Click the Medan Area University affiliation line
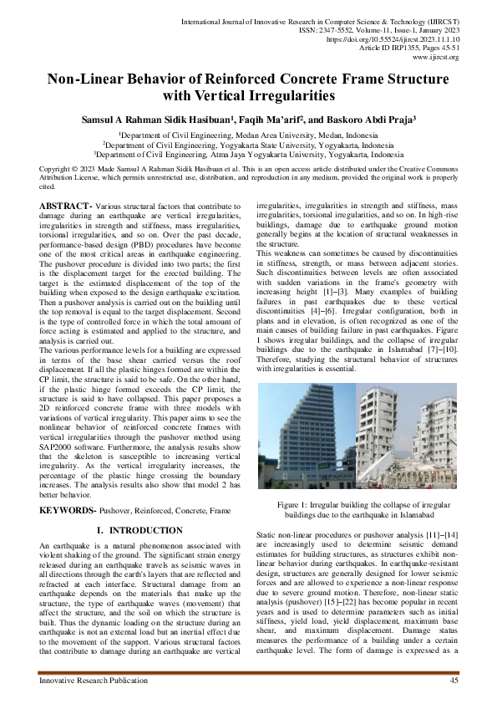(x=248, y=134)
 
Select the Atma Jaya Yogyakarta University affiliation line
(x=248, y=154)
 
